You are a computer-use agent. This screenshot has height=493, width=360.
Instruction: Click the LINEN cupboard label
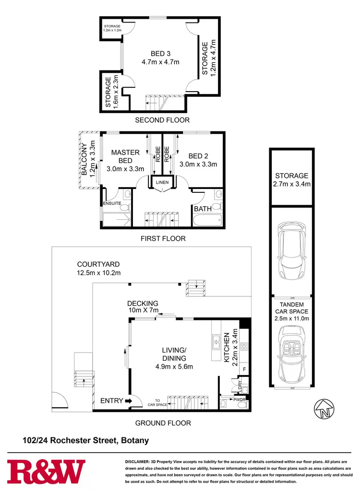[x=160, y=183]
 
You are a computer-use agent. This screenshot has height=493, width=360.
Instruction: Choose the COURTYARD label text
[x=98, y=264]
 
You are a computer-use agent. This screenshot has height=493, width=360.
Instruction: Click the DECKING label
[x=143, y=303]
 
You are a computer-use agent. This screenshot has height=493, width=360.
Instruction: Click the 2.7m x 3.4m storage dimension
[x=291, y=184]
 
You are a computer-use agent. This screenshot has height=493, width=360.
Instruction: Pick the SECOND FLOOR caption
[x=162, y=120]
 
